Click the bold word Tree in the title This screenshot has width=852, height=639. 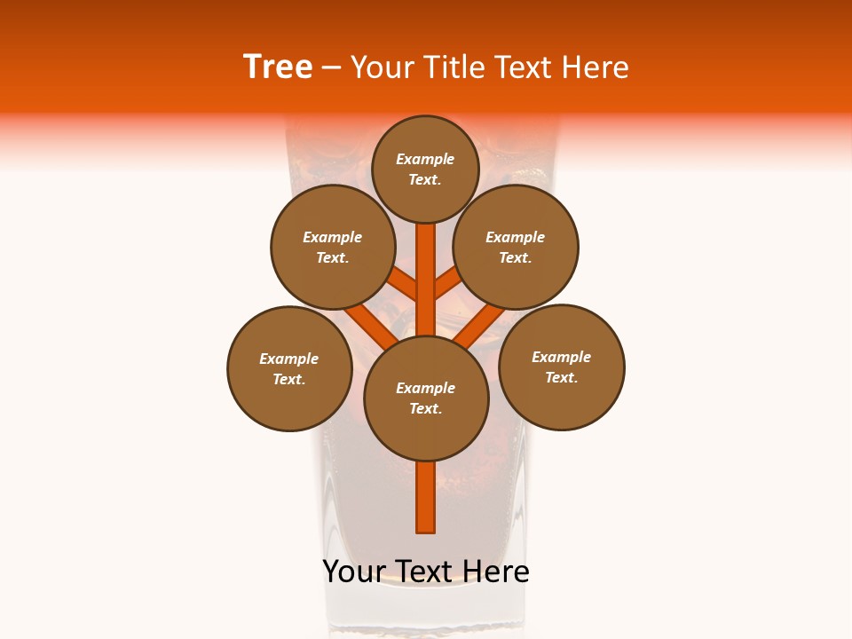[278, 67]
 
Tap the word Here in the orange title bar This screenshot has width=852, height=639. [598, 67]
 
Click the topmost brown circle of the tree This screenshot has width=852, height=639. [425, 169]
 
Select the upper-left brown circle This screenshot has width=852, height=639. [333, 247]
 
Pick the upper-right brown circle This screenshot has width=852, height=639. [516, 247]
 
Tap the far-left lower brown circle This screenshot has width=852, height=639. [289, 368]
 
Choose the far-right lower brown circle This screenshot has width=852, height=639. [562, 367]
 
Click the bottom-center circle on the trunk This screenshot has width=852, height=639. [426, 398]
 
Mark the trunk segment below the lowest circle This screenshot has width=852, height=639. [426, 497]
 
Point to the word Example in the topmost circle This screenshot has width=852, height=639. [425, 160]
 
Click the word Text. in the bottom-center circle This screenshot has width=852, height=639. [425, 409]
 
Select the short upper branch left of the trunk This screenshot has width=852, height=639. [403, 284]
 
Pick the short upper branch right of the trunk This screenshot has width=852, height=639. [448, 283]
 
